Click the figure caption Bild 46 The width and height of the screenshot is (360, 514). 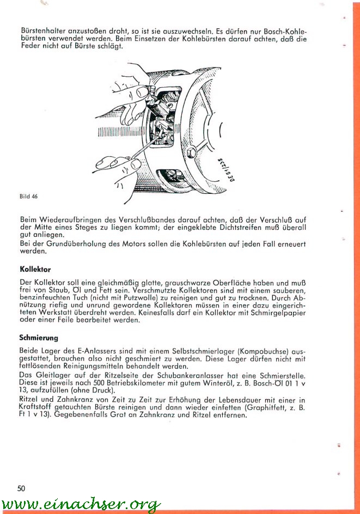click(28, 196)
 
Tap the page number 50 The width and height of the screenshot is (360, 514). click(21, 488)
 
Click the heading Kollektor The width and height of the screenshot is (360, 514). click(35, 270)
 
